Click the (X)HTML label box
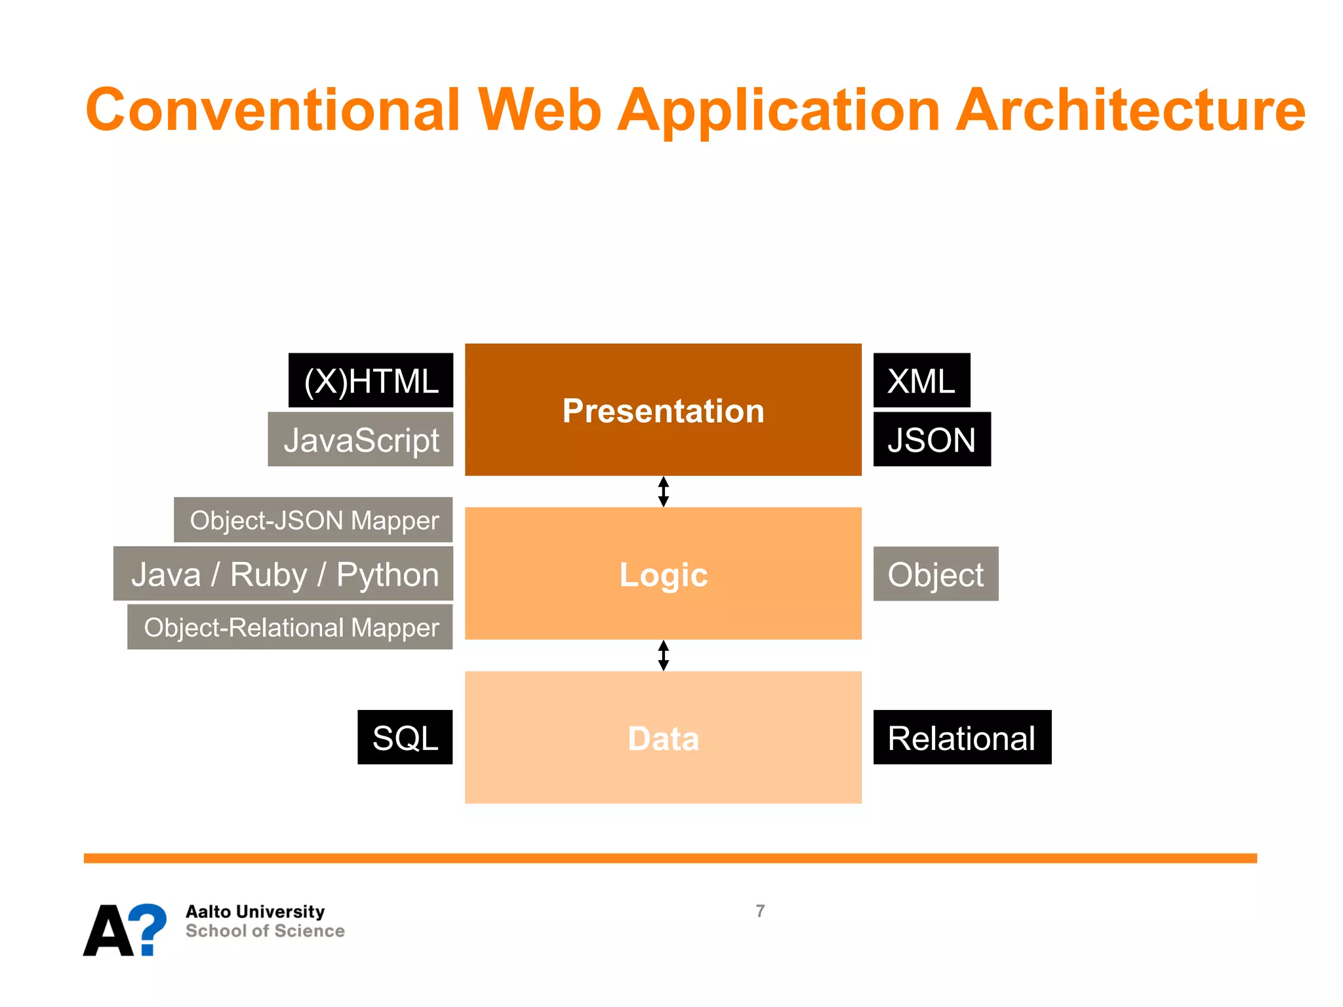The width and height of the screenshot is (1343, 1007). click(371, 381)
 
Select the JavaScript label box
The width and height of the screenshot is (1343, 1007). click(361, 440)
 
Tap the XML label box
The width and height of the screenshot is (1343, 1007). click(921, 381)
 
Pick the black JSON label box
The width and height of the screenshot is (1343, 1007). click(932, 440)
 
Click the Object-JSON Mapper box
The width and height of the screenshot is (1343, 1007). click(313, 521)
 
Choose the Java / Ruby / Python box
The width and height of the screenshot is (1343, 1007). click(283, 574)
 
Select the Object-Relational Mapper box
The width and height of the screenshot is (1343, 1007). click(290, 627)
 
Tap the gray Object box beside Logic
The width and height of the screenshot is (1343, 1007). click(936, 574)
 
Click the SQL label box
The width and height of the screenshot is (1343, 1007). click(405, 738)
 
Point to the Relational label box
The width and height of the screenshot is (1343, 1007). click(962, 738)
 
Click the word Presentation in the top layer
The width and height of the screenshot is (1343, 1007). click(663, 411)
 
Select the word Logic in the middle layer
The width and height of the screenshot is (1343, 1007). click(663, 575)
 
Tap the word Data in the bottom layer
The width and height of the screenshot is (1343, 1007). click(663, 739)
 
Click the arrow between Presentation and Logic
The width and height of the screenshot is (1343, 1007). click(664, 492)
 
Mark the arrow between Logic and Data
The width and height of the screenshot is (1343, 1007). click(664, 656)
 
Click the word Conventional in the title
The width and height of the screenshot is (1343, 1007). click(272, 110)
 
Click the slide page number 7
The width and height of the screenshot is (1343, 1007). click(760, 911)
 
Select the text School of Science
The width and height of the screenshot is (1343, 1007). click(265, 931)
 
